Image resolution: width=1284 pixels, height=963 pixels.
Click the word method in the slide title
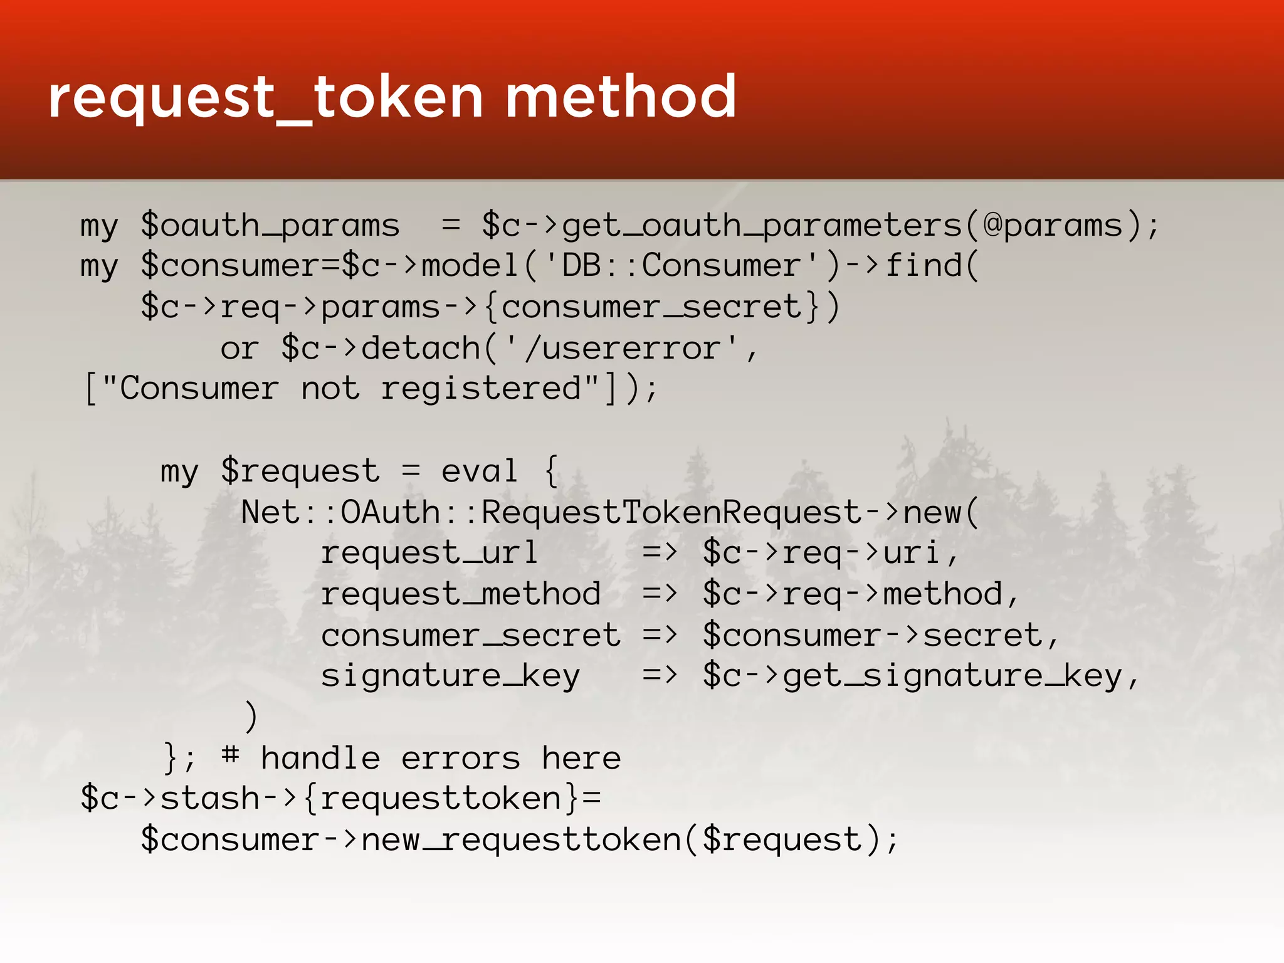621,97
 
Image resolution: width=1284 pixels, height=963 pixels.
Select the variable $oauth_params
270,226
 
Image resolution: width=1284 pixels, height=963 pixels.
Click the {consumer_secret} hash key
651,307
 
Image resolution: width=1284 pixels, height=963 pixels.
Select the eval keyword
480,471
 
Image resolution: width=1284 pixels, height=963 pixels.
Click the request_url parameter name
429,554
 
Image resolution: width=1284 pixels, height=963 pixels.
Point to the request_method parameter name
461,594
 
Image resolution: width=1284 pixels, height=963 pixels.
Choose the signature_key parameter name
450,676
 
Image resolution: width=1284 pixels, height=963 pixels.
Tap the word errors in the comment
461,759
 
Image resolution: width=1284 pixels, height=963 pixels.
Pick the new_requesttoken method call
521,840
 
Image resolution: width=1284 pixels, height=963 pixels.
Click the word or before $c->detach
239,349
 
